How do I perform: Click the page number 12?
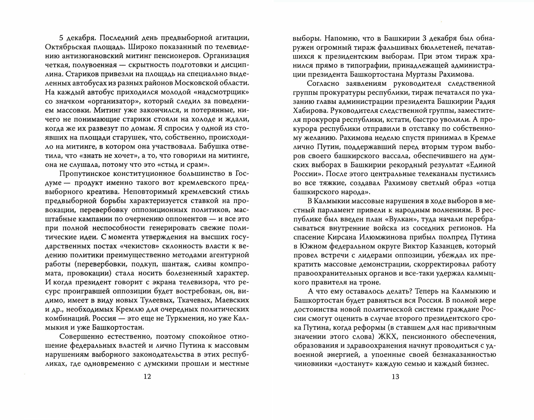(x=147, y=376)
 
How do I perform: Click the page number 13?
(x=395, y=376)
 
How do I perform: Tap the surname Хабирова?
(x=309, y=110)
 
